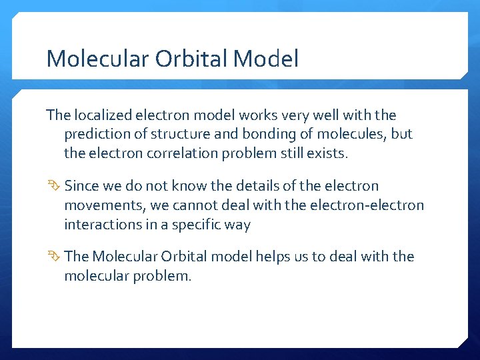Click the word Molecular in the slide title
[97, 59]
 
